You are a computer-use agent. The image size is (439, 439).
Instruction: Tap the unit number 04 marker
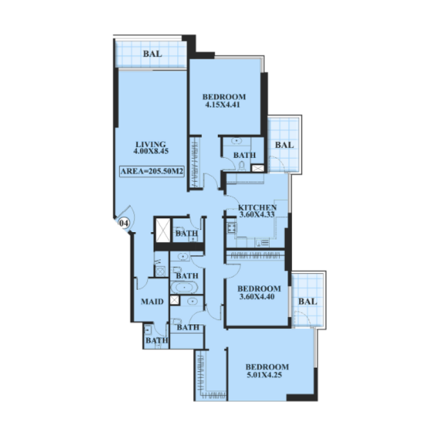[123, 223]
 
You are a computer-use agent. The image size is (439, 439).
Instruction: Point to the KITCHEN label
[257, 207]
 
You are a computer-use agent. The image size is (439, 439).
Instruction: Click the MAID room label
[151, 301]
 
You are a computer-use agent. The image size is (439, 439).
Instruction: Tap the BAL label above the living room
[152, 54]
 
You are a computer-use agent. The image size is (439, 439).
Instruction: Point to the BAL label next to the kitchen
[284, 145]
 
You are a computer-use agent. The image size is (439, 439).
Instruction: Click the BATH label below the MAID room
[156, 341]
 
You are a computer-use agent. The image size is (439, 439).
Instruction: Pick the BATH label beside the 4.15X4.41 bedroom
[244, 155]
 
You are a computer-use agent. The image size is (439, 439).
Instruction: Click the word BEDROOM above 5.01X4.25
[267, 367]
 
